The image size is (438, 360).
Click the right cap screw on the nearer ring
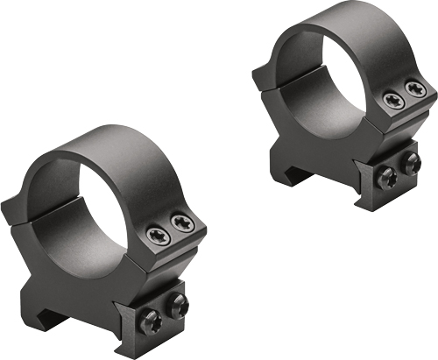[182, 224]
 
